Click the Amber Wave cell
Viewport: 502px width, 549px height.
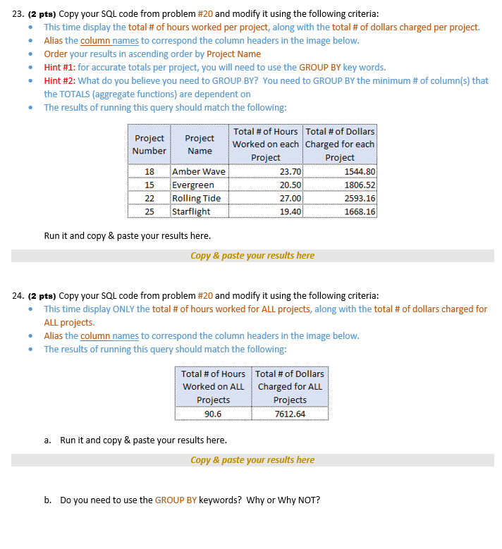point(199,172)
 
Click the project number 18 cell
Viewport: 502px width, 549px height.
point(149,172)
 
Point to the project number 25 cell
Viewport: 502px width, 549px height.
point(149,211)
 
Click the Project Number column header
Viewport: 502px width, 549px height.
point(149,144)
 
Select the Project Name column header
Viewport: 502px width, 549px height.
point(200,144)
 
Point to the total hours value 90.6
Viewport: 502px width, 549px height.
point(213,414)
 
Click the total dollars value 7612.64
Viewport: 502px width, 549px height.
point(290,414)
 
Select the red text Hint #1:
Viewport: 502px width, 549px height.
point(59,68)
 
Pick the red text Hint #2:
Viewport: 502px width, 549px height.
point(59,81)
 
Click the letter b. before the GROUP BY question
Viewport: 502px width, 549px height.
point(47,500)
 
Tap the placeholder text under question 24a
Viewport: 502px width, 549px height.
point(252,460)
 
